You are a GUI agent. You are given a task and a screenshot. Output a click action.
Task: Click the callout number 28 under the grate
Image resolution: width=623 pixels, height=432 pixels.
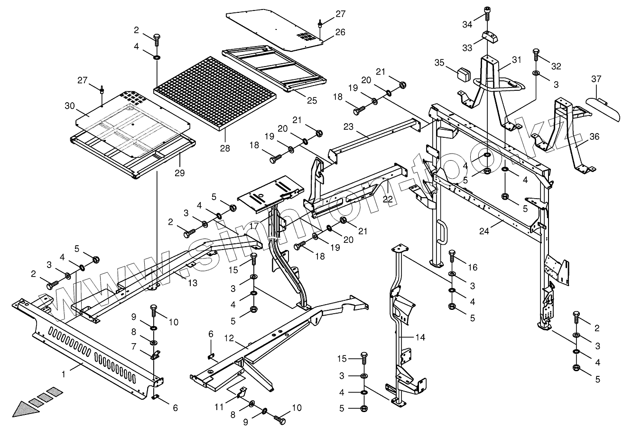point(225,148)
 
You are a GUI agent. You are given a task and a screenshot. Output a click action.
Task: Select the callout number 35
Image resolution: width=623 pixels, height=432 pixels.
point(439,63)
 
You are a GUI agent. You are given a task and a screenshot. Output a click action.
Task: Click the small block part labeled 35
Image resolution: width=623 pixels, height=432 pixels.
point(462,74)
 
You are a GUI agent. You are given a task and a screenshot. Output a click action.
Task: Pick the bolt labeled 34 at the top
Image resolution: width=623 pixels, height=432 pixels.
point(487,13)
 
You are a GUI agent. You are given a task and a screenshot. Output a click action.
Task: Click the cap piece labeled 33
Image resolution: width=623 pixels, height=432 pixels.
point(490,37)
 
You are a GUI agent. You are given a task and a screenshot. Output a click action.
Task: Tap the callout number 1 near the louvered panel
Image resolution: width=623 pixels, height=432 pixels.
point(63,374)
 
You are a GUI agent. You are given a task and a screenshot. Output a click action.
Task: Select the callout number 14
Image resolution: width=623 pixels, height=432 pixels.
point(420,337)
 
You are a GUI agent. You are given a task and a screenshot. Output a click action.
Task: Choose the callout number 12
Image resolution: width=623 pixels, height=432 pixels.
point(229,338)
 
